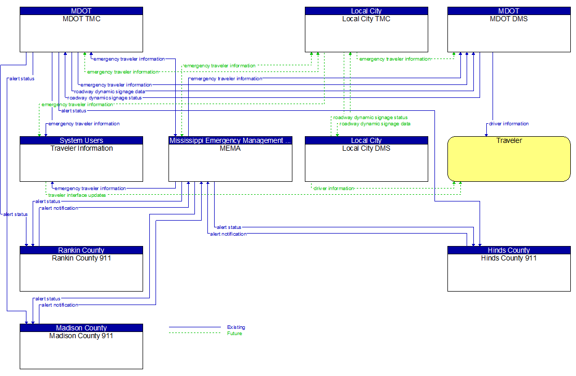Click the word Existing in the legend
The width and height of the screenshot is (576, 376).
[x=236, y=327]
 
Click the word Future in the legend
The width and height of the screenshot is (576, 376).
[x=234, y=334]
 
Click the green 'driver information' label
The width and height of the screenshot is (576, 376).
[x=333, y=189]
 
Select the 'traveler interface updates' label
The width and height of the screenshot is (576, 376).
[x=77, y=195]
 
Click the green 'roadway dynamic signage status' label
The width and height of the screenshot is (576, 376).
[x=370, y=118]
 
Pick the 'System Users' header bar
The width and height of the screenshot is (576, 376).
[x=81, y=140]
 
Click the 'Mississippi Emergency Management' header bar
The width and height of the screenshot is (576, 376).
[x=230, y=140]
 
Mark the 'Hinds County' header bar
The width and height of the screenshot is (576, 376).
[x=509, y=250]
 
